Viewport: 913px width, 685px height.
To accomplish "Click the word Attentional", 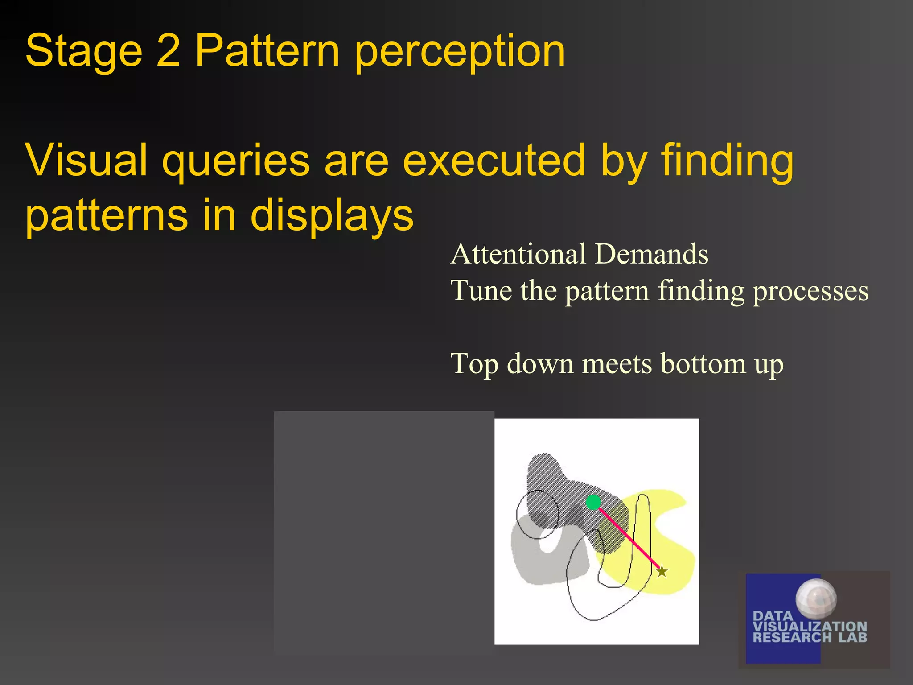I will click(518, 254).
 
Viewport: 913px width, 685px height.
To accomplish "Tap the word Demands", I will click(651, 254).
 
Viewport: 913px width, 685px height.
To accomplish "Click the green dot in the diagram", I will click(593, 503).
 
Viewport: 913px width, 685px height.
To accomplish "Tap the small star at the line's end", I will click(662, 571).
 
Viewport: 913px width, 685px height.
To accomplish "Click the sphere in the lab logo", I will click(816, 599).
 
